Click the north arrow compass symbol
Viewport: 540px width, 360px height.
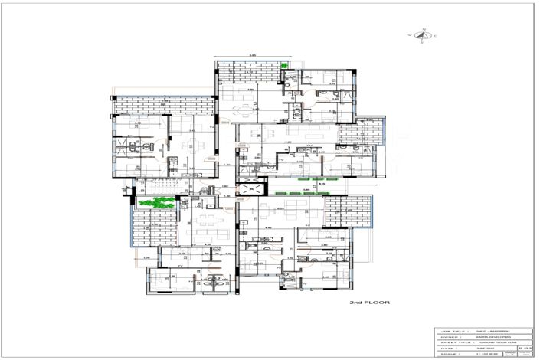pyautogui.click(x=422, y=35)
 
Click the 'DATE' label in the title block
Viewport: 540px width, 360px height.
pyautogui.click(x=446, y=348)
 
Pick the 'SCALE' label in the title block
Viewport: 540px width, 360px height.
pyautogui.click(x=447, y=355)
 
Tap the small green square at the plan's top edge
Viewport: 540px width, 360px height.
pyautogui.click(x=284, y=67)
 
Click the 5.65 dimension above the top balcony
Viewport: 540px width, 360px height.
pyautogui.click(x=252, y=55)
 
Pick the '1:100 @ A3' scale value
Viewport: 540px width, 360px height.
pyautogui.click(x=483, y=355)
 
